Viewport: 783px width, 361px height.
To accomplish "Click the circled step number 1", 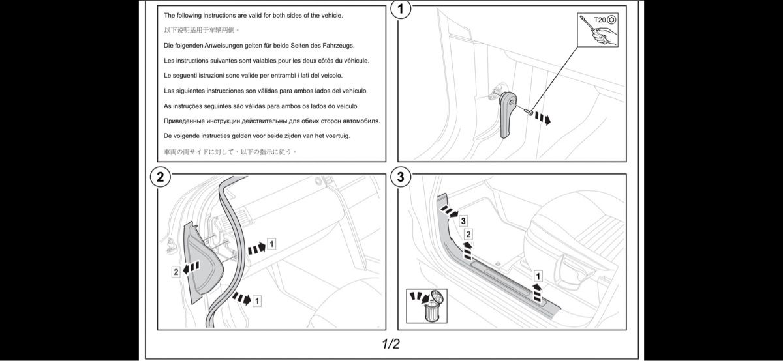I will click(401, 10).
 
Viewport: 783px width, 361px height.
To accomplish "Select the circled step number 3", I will click(401, 176).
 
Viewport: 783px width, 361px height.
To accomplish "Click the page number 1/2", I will click(391, 343).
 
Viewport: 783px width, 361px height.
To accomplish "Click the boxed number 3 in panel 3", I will click(462, 220).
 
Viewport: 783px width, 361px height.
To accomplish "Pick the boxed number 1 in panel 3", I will click(537, 275).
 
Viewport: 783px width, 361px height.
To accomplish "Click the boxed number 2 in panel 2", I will click(176, 272).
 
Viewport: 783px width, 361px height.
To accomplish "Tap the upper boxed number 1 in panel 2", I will click(271, 244).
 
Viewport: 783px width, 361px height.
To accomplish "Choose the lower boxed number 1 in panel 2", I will click(257, 300).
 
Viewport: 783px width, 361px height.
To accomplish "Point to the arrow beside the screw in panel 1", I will click(542, 118).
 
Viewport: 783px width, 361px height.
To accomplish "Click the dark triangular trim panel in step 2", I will click(201, 261).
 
